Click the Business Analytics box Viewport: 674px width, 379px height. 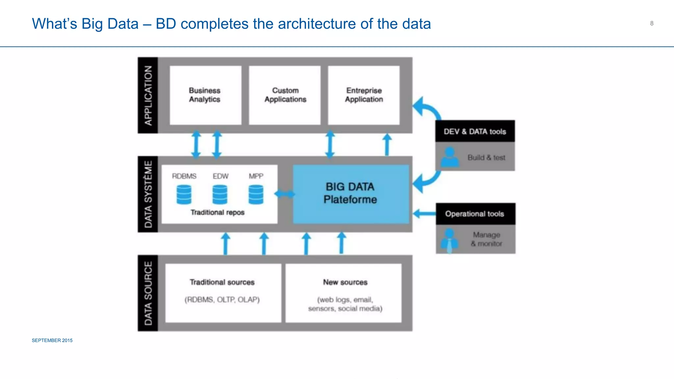205,95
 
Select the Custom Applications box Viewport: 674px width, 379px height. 285,95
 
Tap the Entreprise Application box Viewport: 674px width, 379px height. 364,95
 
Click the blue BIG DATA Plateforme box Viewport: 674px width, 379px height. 350,194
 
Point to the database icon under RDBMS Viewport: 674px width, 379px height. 184,194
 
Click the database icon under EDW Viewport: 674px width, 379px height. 220,194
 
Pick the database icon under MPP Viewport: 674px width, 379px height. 256,194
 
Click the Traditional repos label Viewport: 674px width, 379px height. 218,213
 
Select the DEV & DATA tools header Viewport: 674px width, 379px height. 475,131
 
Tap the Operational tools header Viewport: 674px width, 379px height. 475,214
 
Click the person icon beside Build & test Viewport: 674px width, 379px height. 450,157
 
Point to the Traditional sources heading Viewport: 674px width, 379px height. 222,282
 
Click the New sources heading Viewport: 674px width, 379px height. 345,282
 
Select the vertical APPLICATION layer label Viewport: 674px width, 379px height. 148,95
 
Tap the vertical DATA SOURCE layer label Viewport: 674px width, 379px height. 148,293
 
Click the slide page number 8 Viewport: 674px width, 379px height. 652,23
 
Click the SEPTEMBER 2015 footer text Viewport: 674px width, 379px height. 52,341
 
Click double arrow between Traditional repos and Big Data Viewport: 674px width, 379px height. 285,194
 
